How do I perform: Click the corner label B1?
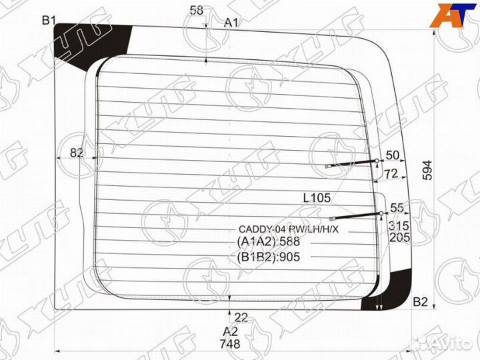coord(49,20)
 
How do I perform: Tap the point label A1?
coord(231,23)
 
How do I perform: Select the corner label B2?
coord(420,302)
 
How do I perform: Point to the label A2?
coord(230,331)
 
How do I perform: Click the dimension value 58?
coord(197,10)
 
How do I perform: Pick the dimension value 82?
coord(77,153)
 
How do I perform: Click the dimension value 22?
coord(241,317)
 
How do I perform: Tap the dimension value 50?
coord(393,155)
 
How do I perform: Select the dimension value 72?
coord(391,174)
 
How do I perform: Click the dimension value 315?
coord(399,224)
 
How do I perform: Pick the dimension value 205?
coord(399,237)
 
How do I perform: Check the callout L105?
coord(317,197)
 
